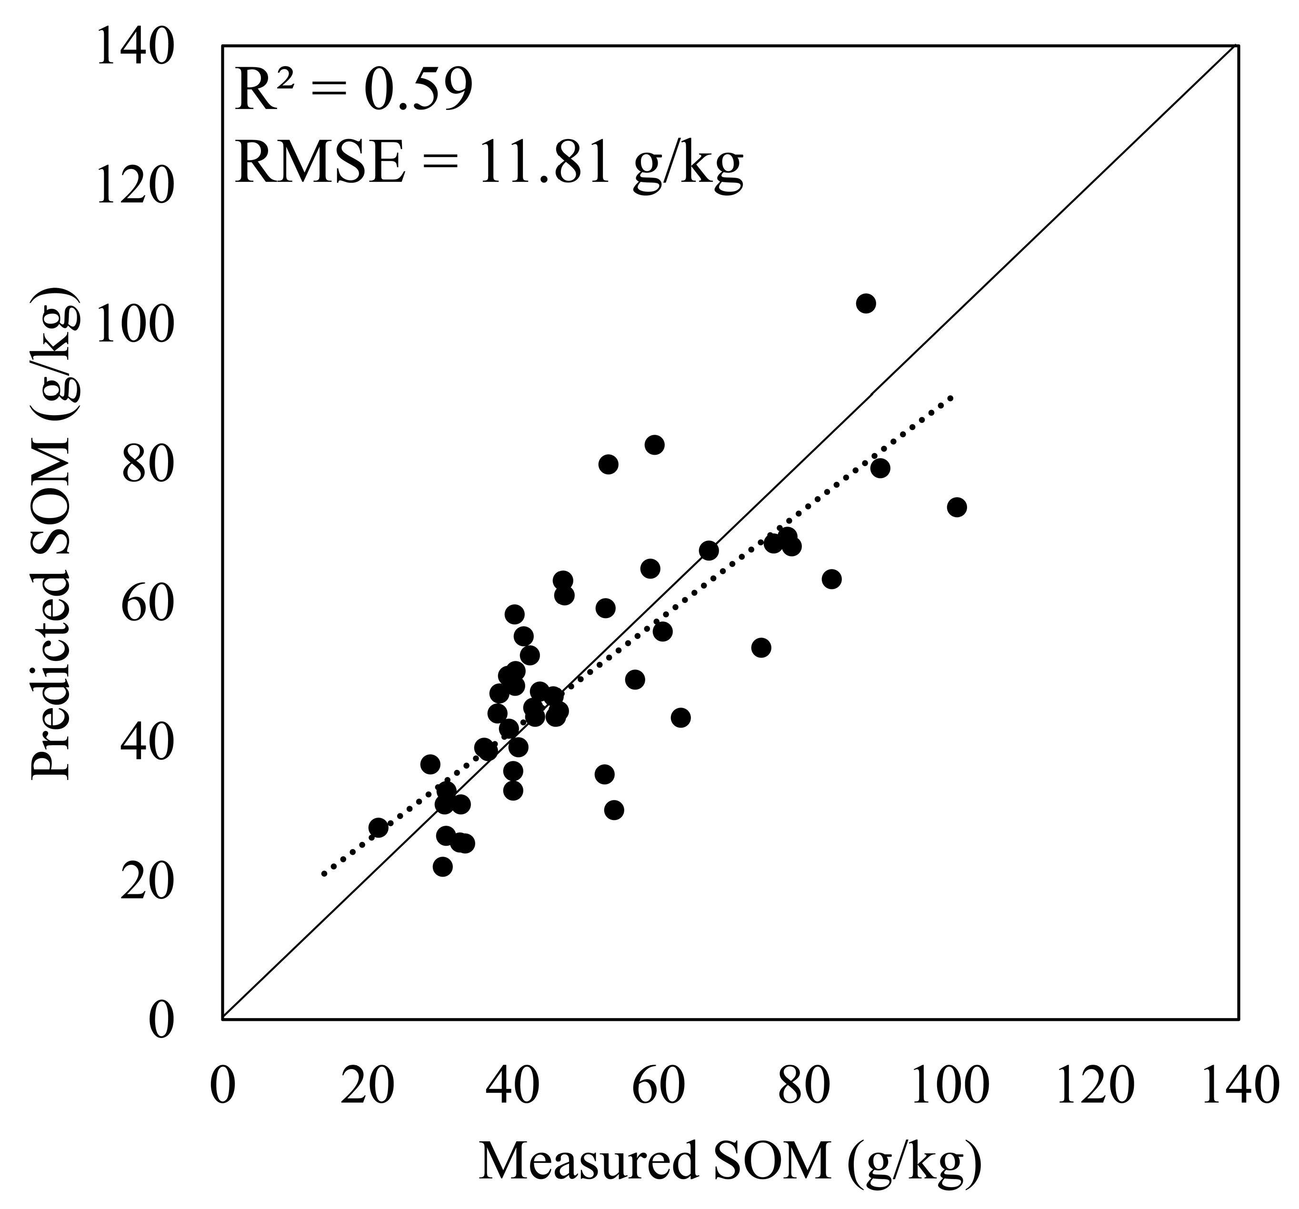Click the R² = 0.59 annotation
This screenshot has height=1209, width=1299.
[x=353, y=90]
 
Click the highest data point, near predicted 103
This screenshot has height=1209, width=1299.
[x=866, y=303]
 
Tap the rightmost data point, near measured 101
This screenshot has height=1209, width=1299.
[x=957, y=507]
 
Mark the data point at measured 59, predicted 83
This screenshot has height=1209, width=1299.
[x=654, y=444]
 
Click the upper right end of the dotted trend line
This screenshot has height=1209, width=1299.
[x=952, y=397]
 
